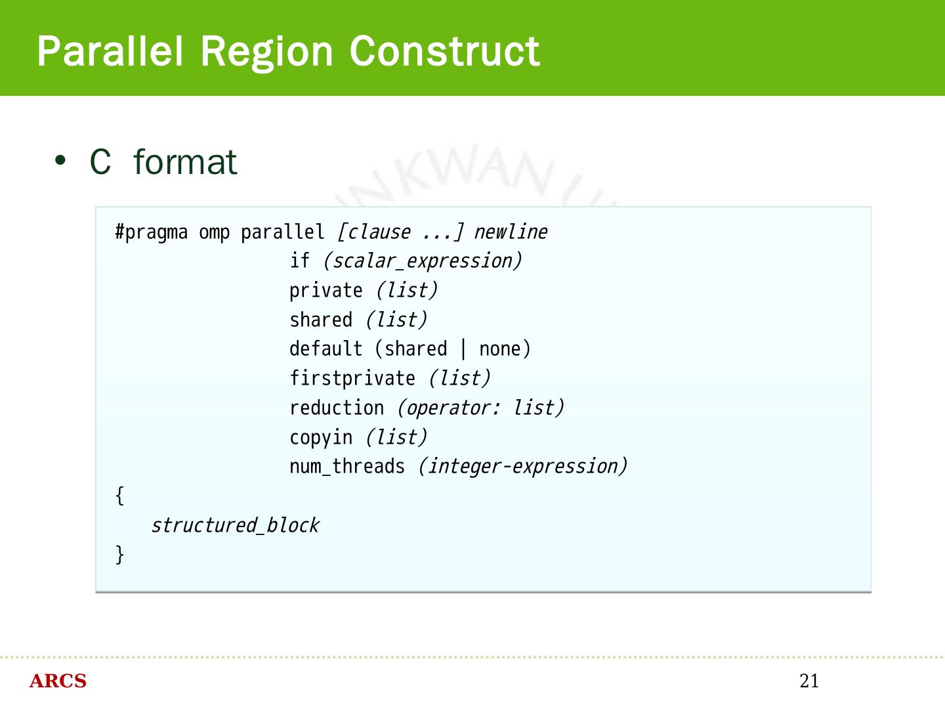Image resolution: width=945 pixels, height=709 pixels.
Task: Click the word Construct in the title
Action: point(444,51)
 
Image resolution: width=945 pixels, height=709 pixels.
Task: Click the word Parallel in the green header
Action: point(110,51)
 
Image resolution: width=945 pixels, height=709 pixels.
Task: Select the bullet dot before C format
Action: point(61,161)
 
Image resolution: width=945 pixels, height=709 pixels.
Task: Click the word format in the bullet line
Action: point(184,162)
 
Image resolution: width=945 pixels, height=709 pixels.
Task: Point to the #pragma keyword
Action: point(151,232)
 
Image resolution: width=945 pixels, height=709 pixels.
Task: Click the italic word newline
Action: point(511,232)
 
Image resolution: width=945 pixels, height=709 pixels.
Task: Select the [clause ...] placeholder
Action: point(400,232)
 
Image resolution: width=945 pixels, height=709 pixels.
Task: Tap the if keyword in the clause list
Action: point(299,261)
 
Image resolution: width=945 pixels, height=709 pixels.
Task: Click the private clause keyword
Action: point(325,291)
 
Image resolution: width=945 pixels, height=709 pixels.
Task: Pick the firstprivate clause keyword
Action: point(352,379)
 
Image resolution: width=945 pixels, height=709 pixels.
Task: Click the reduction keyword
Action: point(337,408)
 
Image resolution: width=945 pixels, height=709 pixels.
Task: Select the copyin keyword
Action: point(321,438)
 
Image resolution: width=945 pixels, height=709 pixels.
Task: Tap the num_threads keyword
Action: point(347,467)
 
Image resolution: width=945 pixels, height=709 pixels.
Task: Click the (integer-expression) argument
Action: point(522,467)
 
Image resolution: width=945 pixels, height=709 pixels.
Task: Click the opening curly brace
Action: point(119,496)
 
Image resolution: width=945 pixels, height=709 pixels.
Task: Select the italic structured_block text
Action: point(235,525)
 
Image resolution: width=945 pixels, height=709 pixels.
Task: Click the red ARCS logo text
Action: point(58,681)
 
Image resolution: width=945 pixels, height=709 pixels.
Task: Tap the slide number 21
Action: point(809,681)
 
